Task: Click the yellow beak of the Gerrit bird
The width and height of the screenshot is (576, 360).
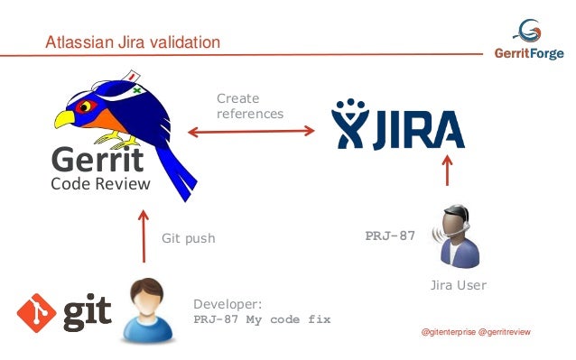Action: [65, 118]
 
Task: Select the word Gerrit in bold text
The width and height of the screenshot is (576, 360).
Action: [97, 162]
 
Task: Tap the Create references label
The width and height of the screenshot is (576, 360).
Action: [249, 106]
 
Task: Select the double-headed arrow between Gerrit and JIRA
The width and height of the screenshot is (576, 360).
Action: [250, 132]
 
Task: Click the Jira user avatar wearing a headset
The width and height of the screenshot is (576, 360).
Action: [455, 238]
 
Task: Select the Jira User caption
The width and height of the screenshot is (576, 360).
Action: [456, 285]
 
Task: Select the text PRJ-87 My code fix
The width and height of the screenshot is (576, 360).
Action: [263, 319]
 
